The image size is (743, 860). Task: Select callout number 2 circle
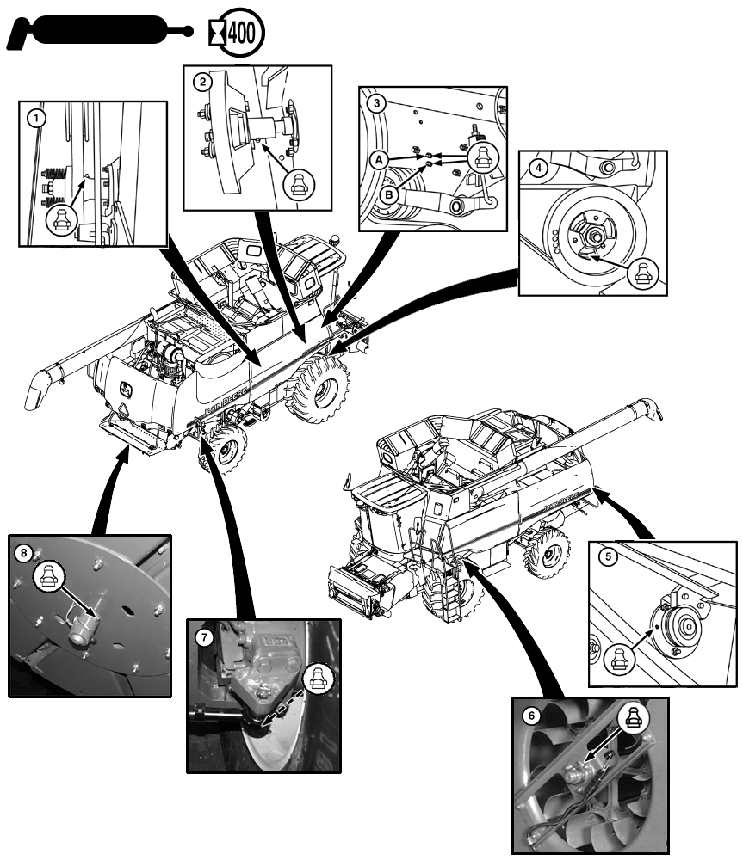201,83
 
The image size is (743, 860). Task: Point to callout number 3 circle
375,102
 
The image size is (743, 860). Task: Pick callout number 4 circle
537,168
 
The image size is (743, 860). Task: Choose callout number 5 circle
608,556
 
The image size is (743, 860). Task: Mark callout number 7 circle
204,637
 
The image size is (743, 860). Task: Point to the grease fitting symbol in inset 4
641,273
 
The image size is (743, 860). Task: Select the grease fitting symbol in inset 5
620,657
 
